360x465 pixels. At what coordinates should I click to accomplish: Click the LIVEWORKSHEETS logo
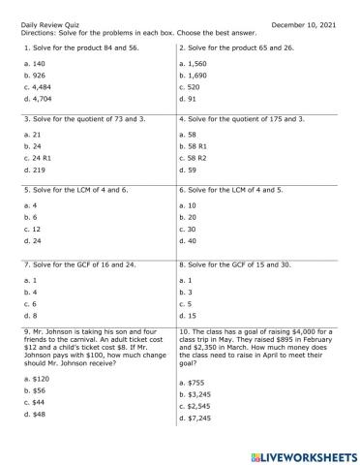tap(300, 455)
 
